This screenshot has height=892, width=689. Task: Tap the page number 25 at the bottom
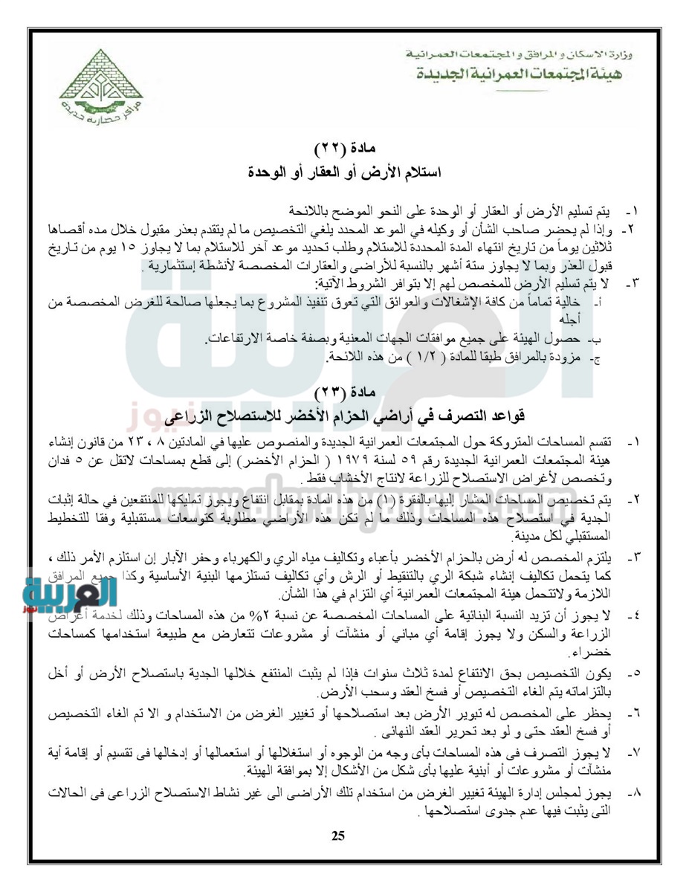[x=338, y=837]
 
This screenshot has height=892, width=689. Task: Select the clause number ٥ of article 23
[x=634, y=673]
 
